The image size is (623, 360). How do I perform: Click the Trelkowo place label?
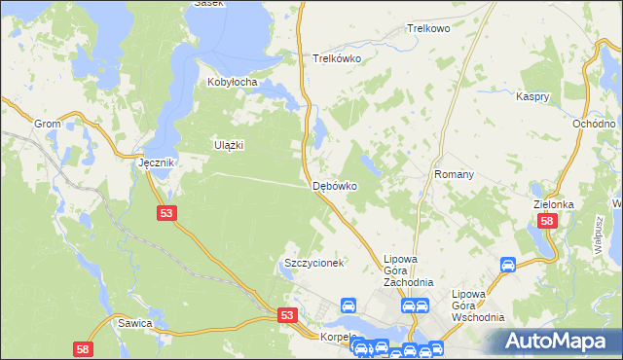click(x=428, y=30)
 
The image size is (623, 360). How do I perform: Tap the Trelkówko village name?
click(x=337, y=58)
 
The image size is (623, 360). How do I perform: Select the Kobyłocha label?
click(x=232, y=83)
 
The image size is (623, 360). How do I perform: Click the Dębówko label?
click(x=334, y=185)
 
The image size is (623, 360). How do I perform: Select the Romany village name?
click(x=454, y=175)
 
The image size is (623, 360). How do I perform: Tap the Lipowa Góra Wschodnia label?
click(x=477, y=306)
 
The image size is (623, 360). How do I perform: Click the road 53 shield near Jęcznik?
click(x=165, y=213)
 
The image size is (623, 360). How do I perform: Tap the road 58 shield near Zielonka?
click(x=547, y=222)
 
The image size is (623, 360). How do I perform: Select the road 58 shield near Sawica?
click(x=84, y=347)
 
